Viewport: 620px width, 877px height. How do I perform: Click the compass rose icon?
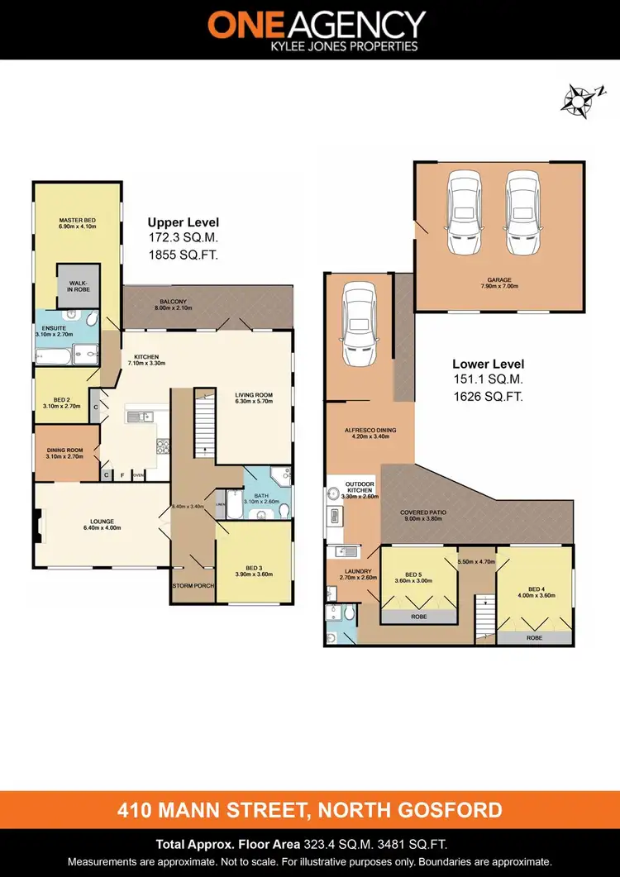[577, 101]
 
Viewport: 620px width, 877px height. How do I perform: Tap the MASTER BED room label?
[78, 222]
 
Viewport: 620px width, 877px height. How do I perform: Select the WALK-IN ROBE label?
[78, 285]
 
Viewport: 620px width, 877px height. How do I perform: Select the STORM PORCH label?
[193, 585]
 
